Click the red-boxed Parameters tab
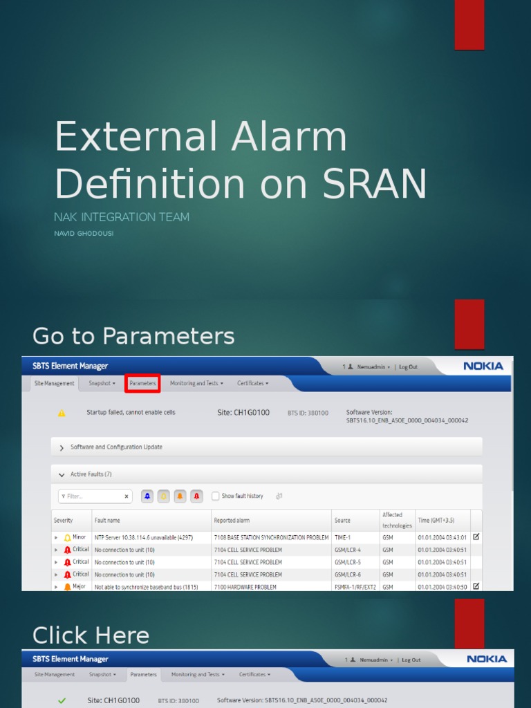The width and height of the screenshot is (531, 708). tap(142, 383)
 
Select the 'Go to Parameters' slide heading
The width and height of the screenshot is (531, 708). tap(133, 337)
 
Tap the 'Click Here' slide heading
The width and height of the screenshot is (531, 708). tap(91, 635)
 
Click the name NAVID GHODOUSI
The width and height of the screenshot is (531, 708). tap(83, 234)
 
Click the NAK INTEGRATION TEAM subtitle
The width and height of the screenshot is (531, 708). tap(122, 217)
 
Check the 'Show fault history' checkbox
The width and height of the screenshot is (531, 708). tap(216, 496)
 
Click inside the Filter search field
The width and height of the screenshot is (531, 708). tap(93, 496)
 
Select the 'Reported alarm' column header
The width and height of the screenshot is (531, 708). tap(232, 520)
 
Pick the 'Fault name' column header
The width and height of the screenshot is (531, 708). tap(107, 520)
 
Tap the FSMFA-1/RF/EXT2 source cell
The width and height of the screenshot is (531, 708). tap(354, 587)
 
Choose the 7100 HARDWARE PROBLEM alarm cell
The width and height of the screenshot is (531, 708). tap(245, 587)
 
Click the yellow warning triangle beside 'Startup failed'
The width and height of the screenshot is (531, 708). tap(62, 413)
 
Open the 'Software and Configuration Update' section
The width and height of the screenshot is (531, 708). tap(116, 447)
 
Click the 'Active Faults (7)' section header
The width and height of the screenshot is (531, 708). tap(90, 474)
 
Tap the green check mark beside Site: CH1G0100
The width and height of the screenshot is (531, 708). tap(62, 700)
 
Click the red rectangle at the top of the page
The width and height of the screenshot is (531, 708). tap(469, 25)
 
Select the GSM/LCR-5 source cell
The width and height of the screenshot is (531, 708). tap(348, 562)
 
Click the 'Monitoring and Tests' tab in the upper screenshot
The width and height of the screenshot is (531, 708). tap(196, 383)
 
